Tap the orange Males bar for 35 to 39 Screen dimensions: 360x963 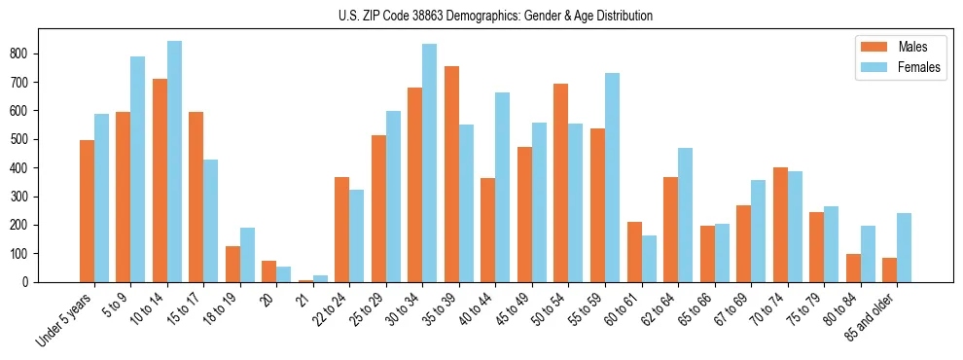[x=451, y=174]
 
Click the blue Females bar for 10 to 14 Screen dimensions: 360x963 [x=174, y=162]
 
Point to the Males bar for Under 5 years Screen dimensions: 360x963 [x=87, y=211]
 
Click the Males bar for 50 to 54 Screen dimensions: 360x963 [x=561, y=183]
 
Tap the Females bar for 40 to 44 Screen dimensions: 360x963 [x=503, y=188]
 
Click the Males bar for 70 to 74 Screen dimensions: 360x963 [x=780, y=225]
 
